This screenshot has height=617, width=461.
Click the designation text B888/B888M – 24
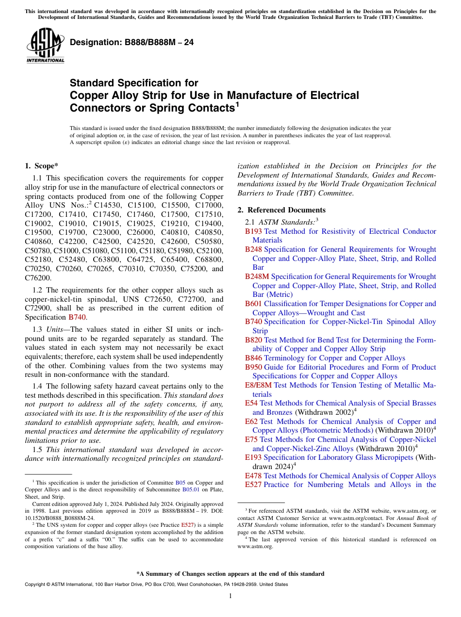pyautogui.click(x=132, y=43)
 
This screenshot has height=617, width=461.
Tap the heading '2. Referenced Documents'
pyautogui.click(x=281, y=210)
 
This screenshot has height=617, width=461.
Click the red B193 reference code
pyautogui.click(x=253, y=231)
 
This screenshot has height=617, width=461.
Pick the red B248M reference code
pyautogui.click(x=257, y=276)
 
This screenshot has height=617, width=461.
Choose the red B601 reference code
pyautogui.click(x=253, y=304)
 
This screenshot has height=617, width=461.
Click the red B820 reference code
pyautogui.click(x=253, y=340)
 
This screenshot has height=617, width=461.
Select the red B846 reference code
pyautogui.click(x=253, y=358)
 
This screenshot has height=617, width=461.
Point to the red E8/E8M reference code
pyautogui.click(x=258, y=385)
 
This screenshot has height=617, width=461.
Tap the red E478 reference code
pyautogui.click(x=253, y=476)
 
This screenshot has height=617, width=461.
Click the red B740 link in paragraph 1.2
pyautogui.click(x=77, y=317)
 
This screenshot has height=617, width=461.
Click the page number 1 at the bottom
pyautogui.click(x=230, y=596)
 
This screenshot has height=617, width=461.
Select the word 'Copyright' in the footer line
pyautogui.click(x=35, y=585)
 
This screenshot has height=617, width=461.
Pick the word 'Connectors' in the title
pyautogui.click(x=100, y=108)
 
